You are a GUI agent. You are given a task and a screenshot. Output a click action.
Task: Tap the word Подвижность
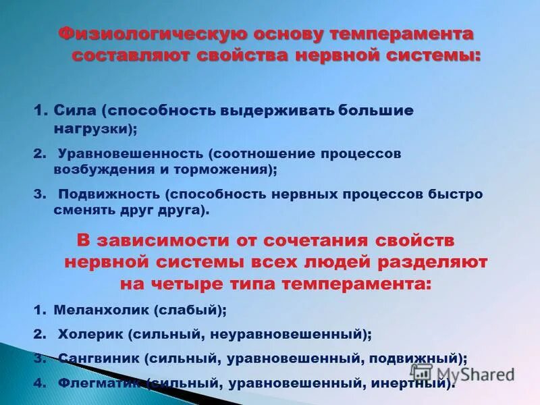(x=107, y=194)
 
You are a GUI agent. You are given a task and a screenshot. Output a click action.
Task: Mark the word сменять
(x=84, y=211)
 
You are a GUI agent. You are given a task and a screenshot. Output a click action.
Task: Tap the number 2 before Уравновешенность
(x=37, y=153)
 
